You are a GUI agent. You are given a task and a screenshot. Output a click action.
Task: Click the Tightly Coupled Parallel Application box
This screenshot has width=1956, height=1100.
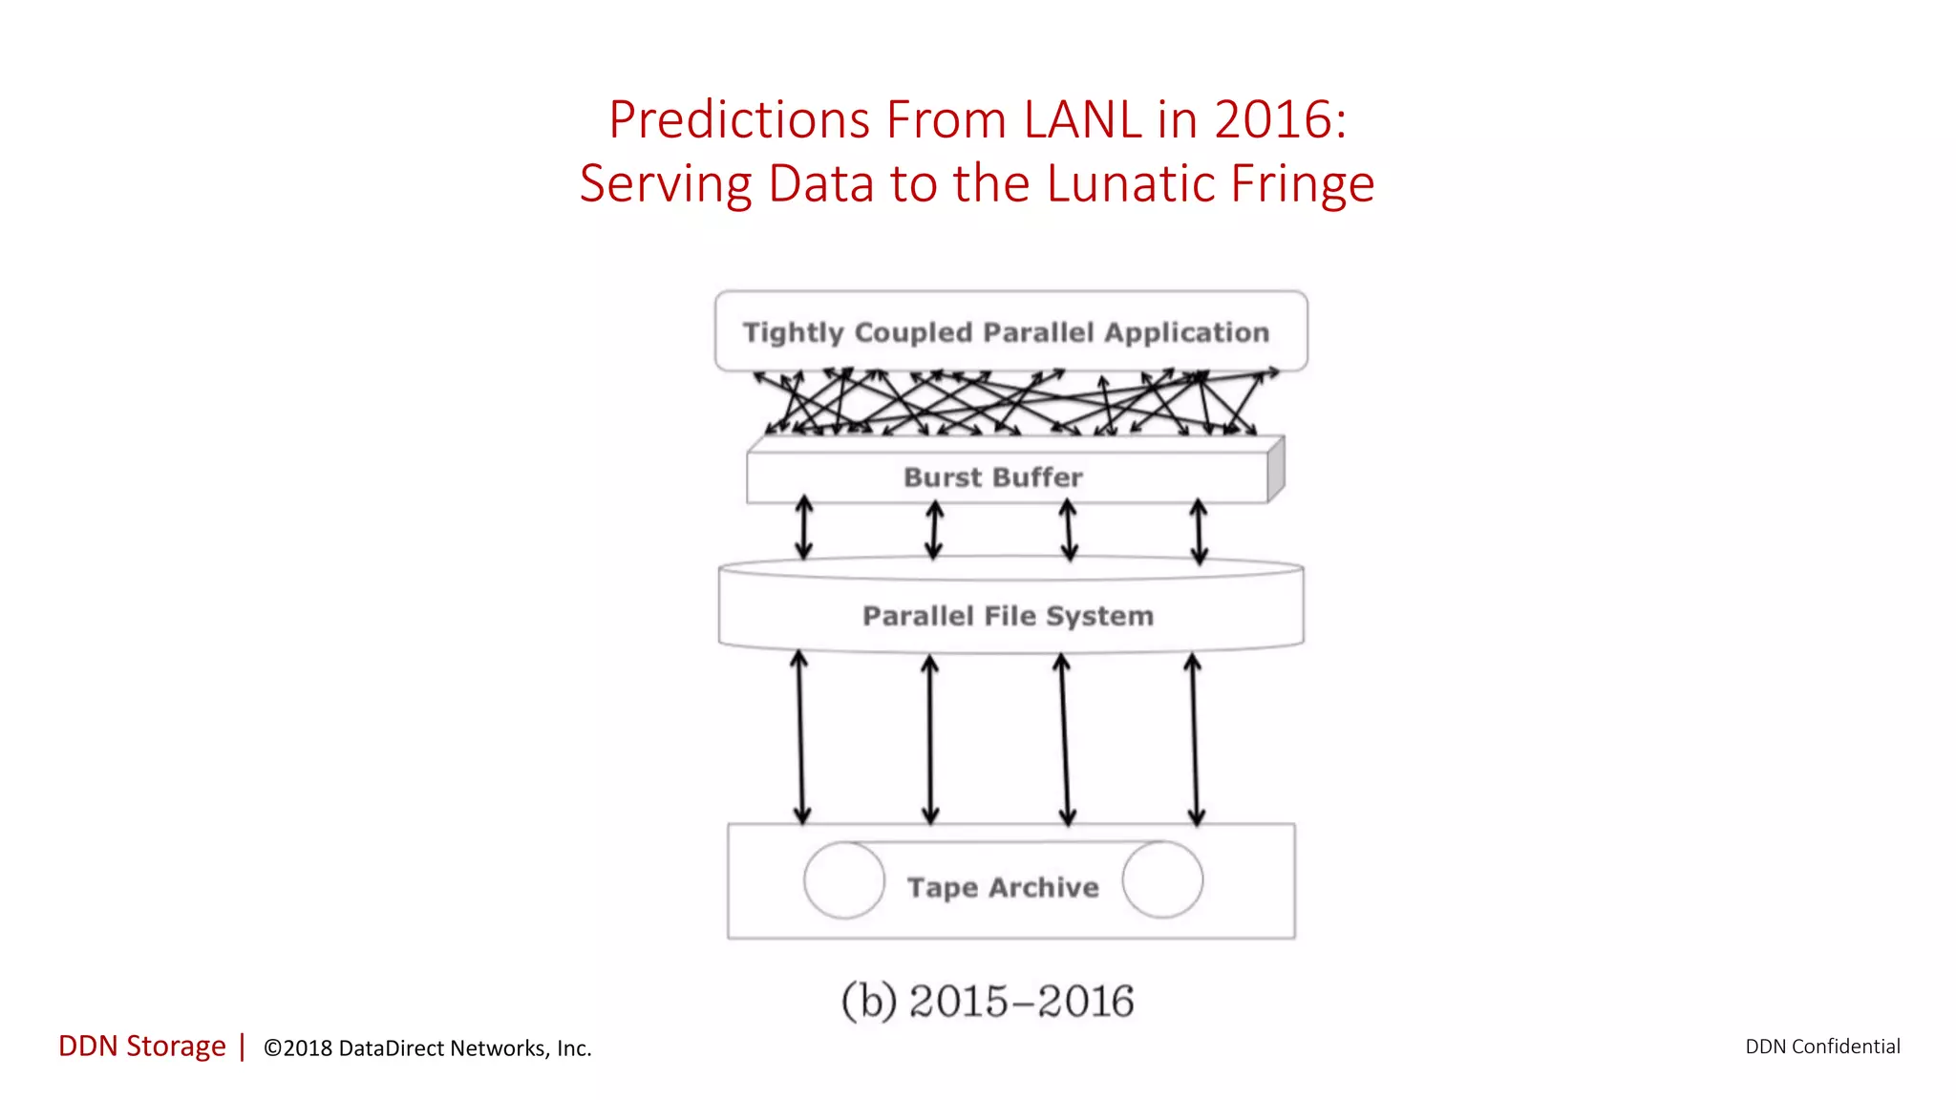[1010, 331]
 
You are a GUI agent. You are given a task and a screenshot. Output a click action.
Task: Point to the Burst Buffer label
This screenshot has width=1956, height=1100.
[993, 477]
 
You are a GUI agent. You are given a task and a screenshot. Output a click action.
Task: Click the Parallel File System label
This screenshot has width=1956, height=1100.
[1008, 616]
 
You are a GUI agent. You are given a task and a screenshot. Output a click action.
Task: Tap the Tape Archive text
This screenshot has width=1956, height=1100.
[1003, 887]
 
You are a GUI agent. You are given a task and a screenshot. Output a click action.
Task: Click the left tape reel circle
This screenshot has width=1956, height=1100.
[844, 880]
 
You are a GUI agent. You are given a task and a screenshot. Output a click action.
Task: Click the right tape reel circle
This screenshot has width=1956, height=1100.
[1162, 879]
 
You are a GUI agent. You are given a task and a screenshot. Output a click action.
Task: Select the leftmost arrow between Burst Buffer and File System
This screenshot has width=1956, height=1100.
[804, 527]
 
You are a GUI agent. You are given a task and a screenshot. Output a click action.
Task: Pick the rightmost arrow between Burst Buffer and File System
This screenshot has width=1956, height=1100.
[1199, 531]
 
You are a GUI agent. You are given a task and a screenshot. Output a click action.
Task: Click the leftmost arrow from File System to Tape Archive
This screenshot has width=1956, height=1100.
[801, 737]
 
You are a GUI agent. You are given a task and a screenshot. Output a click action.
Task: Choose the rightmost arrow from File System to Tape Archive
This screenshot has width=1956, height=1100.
[1194, 738]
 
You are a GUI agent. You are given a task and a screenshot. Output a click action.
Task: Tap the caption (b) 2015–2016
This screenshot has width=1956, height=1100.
[988, 1002]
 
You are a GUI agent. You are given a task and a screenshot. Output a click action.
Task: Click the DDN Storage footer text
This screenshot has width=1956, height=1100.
[142, 1047]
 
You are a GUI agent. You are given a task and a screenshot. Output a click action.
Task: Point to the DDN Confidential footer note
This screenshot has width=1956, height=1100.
[1822, 1047]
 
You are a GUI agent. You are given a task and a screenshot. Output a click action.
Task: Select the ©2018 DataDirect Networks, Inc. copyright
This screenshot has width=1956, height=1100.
[427, 1048]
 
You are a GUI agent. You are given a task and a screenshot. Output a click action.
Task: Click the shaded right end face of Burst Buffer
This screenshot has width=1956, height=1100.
[1276, 470]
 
